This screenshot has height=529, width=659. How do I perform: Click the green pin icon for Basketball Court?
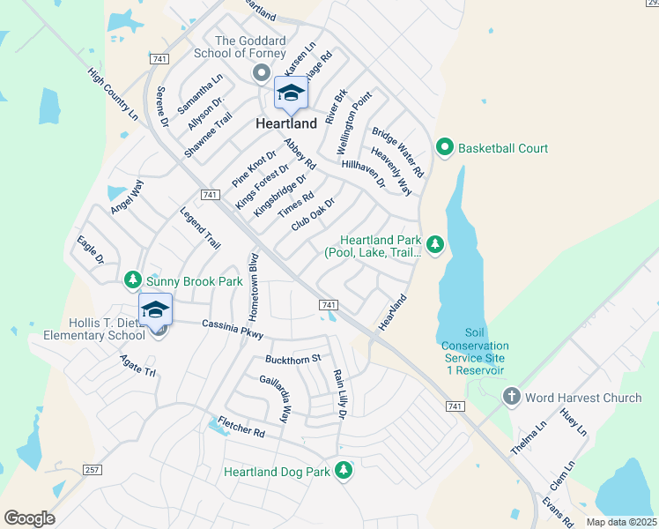click(445, 147)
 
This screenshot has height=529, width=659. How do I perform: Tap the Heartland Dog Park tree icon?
click(344, 472)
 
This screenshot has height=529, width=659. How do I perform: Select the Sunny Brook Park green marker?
click(133, 280)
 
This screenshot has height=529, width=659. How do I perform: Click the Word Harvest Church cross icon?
click(511, 398)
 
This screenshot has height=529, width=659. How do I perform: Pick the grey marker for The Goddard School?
click(261, 73)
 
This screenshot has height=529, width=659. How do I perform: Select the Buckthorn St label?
click(293, 359)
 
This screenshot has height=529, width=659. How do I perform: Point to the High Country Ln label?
click(114, 96)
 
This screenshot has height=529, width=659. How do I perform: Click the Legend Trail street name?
click(199, 227)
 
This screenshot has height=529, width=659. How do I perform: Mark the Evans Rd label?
click(558, 511)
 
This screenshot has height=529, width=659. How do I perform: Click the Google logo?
click(29, 518)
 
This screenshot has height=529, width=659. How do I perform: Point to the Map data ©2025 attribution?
click(621, 522)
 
